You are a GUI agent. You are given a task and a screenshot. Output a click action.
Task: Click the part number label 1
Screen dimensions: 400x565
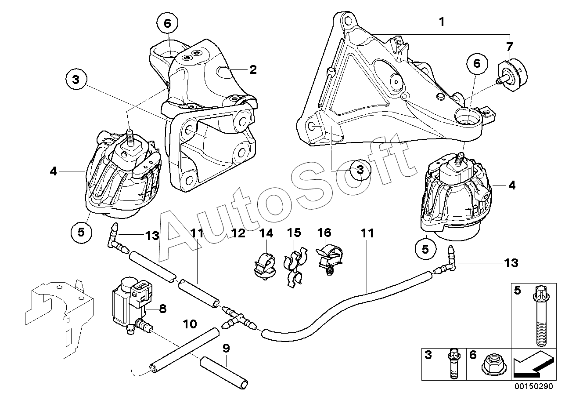[442, 21]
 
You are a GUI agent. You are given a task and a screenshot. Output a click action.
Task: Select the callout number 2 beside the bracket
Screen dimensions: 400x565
[253, 69]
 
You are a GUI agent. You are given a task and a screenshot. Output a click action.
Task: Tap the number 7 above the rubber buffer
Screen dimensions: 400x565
[509, 47]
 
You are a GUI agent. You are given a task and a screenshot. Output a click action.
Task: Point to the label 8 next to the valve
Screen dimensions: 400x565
[162, 309]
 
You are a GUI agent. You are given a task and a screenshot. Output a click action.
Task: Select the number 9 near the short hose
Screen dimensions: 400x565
[226, 349]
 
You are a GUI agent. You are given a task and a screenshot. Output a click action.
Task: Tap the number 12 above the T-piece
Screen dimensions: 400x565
[239, 233]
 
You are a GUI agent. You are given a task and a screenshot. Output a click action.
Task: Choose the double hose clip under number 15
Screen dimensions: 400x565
[294, 268]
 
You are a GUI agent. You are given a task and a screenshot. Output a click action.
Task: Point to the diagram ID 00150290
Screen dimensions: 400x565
[535, 388]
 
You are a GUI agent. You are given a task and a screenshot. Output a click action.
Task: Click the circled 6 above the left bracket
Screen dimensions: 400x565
[168, 23]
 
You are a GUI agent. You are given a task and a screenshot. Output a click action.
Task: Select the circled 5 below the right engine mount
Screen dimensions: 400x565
[425, 249]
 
